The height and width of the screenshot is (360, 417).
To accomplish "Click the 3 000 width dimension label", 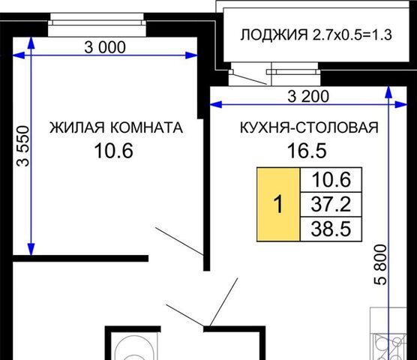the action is coord(105,47).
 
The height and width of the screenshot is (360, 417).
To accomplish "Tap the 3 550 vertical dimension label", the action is coord(22,146).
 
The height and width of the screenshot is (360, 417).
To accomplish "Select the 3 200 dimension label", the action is coord(308,96).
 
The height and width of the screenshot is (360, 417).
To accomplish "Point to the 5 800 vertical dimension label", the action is coord(380,265).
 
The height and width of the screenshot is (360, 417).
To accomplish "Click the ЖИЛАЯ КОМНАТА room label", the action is coord(116,127).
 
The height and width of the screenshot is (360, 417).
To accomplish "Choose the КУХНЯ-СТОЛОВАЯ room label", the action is coord(309,127).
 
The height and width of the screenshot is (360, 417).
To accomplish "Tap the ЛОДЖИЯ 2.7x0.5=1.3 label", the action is coord(316,34).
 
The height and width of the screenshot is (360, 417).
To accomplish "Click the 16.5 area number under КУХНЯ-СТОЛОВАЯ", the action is coord(307,151).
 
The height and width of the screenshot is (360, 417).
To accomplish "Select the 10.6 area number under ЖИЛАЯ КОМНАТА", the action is coord(113,151).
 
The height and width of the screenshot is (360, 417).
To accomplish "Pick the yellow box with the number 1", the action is coord(278,204).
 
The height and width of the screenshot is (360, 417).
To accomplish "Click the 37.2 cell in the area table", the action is coord(331,204).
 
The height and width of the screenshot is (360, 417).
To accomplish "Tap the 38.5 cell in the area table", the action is coord(331,229).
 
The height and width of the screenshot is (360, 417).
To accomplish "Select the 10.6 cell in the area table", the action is coord(331,180).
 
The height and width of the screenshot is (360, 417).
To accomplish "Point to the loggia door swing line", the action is coord(248,78).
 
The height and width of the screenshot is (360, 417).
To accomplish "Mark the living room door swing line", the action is coord(179,241).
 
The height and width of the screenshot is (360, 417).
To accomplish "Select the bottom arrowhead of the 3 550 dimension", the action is coord(31,249).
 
